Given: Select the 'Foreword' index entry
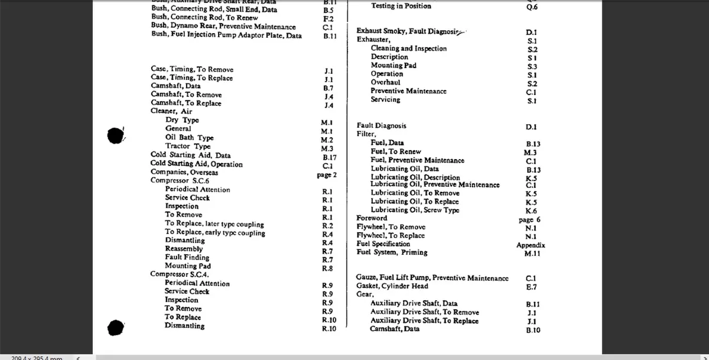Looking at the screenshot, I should [x=372, y=218].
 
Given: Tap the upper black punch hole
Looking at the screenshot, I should [x=116, y=135].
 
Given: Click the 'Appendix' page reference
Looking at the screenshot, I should [x=531, y=245].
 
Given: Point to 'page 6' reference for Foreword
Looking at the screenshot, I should [x=529, y=219].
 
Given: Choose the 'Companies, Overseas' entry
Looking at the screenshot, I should [x=184, y=172].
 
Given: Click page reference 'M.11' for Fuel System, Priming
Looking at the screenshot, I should [x=532, y=254].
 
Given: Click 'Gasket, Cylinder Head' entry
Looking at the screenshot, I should [x=392, y=286].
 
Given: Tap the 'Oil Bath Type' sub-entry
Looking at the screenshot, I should [x=190, y=138].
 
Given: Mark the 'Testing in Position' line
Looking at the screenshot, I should [x=401, y=6].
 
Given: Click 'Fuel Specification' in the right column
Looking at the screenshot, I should [x=383, y=244].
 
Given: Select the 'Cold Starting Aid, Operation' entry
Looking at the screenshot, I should [x=197, y=164].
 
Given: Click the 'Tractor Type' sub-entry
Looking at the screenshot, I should [x=188, y=146].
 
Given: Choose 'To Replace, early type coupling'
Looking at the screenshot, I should [x=215, y=232].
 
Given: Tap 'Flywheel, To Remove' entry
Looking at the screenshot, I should [x=391, y=227].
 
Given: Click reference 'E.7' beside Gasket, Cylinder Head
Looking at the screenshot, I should [x=531, y=287].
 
